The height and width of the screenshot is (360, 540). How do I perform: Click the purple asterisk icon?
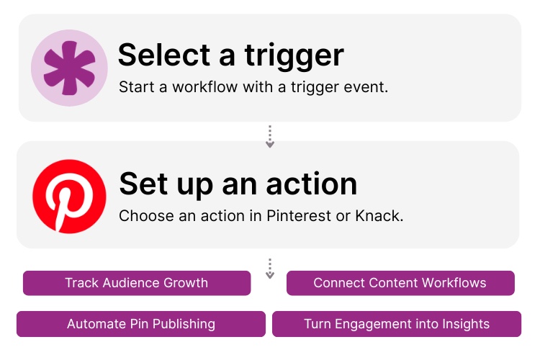[x=69, y=68]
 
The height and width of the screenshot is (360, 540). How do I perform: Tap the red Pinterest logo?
[x=69, y=195]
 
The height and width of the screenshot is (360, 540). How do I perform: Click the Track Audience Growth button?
[x=137, y=283]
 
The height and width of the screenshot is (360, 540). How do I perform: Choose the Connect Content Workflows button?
[x=400, y=283]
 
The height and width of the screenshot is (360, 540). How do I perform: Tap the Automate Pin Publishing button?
[x=141, y=324]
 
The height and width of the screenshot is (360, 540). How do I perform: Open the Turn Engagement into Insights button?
[x=397, y=324]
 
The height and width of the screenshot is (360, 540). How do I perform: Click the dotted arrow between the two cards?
[x=270, y=137]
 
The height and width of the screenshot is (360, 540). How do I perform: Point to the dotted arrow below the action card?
[x=270, y=269]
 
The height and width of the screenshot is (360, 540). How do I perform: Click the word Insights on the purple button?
[x=463, y=324]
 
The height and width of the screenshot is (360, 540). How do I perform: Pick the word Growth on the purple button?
[x=186, y=283]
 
